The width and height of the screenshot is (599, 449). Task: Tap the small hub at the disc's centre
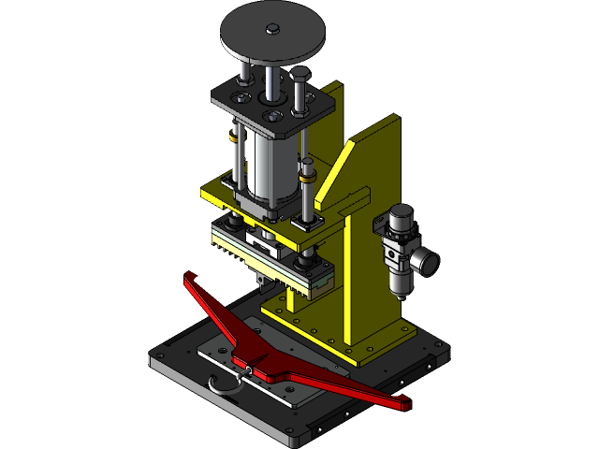tap(271, 30)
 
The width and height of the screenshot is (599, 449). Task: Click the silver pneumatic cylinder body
tap(267, 168)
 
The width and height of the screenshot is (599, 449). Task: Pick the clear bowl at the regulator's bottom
tap(396, 281)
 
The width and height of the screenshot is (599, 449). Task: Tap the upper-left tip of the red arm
tap(190, 278)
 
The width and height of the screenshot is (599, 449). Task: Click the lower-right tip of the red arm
tap(404, 405)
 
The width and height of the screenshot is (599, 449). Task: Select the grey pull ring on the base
tap(223, 384)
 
